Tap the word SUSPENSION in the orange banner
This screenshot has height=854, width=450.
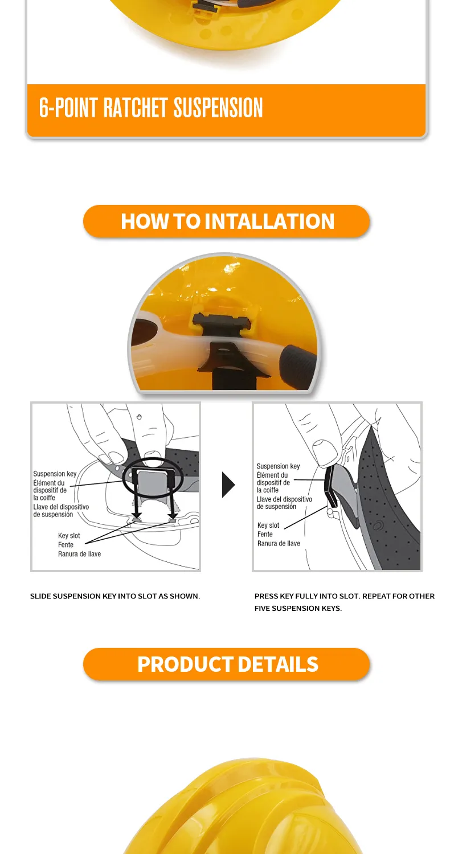[x=218, y=108]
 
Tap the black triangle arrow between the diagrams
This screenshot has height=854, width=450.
[x=228, y=485]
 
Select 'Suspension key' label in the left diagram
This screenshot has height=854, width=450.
[x=55, y=474]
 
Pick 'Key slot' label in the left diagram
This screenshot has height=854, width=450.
[x=69, y=535]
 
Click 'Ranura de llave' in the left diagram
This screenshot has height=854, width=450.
[x=79, y=553]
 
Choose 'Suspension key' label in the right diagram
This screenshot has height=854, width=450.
[x=278, y=466]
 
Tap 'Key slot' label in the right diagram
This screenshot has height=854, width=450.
[x=268, y=525]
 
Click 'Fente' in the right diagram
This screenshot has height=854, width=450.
[x=265, y=534]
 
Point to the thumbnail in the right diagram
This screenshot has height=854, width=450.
[x=325, y=452]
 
